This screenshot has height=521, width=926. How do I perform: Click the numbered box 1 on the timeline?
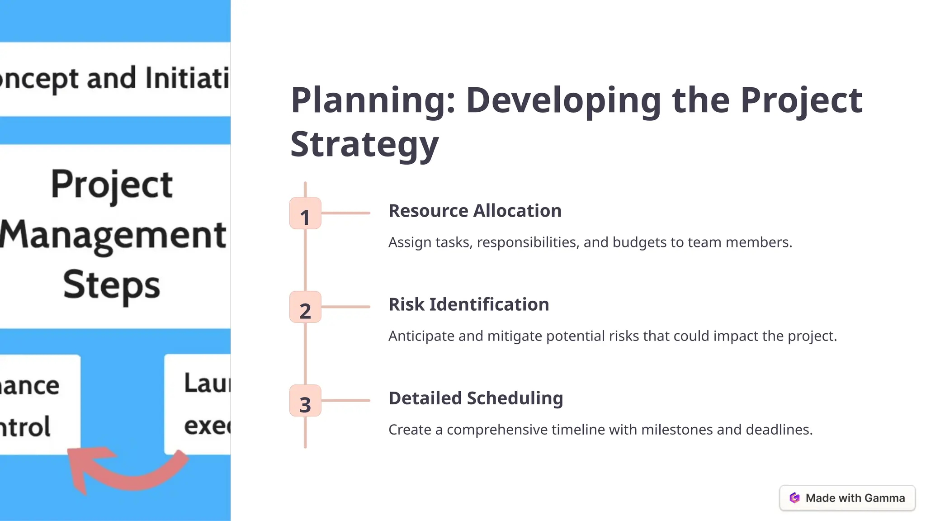pos(305,213)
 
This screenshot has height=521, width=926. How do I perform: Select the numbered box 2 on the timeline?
pos(305,307)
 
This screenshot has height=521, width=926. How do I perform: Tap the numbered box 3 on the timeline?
pos(305,401)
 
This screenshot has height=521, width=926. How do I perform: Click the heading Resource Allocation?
pos(475,211)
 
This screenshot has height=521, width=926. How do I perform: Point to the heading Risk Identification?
pos(468,305)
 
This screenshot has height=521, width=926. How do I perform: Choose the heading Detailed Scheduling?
pos(476,398)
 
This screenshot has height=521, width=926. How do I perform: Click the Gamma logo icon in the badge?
pos(794,498)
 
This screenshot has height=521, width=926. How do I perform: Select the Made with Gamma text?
pos(855,498)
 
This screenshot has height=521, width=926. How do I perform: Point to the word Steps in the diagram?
pos(112,285)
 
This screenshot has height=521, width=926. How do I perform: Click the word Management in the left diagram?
pos(113,235)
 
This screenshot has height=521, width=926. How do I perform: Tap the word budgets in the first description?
pos(639,243)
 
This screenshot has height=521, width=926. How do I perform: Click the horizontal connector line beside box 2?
pos(345,307)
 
